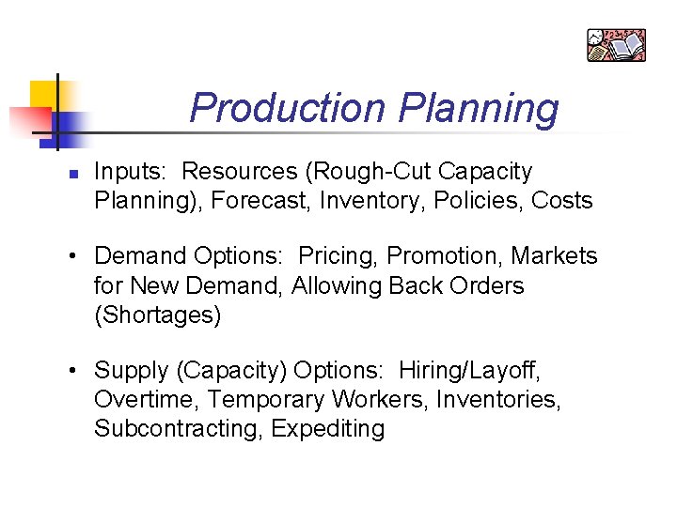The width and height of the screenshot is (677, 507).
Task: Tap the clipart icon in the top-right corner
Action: [x=616, y=45]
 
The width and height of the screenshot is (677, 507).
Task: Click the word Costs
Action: [x=562, y=200]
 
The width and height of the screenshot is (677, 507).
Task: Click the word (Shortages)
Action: [x=158, y=315]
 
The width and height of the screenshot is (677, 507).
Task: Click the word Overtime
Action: [x=147, y=400]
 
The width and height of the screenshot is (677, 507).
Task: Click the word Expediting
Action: [x=328, y=429]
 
